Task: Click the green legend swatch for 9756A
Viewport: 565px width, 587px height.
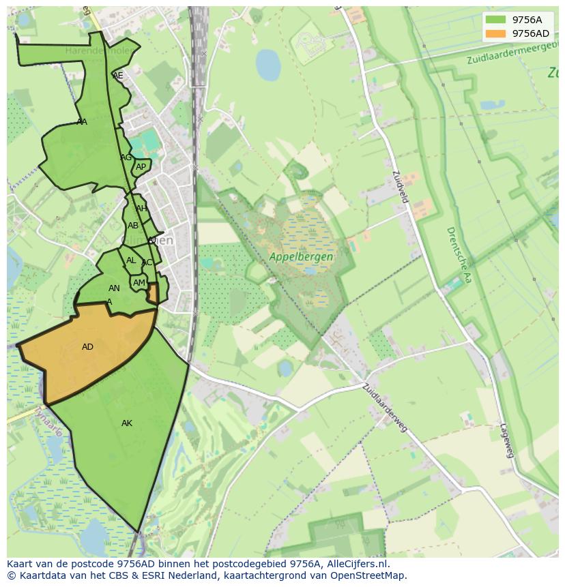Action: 496,20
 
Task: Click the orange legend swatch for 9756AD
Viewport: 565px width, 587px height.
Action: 496,33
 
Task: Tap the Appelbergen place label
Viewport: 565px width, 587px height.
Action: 301,257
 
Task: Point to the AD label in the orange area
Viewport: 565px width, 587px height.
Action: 87,347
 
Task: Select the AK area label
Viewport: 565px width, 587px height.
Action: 127,423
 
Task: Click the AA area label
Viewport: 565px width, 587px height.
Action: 82,122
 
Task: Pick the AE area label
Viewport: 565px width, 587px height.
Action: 118,76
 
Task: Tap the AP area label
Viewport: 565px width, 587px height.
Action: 141,167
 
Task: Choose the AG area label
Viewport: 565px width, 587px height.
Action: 126,157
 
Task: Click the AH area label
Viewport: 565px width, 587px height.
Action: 141,209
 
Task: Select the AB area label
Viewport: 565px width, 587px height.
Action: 133,226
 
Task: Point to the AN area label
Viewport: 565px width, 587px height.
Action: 114,288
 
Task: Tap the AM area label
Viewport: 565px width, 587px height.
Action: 139,283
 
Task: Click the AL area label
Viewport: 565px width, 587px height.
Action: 131,260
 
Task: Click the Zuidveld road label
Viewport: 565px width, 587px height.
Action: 400,186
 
